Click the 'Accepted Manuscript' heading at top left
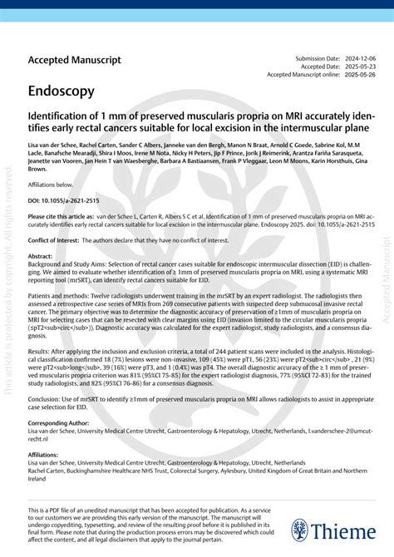click(x=74, y=61)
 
